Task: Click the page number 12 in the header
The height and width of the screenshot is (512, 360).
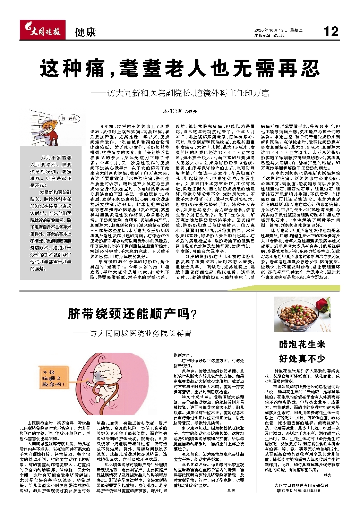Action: coord(331,32)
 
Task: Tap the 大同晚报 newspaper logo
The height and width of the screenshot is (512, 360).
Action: coord(41,32)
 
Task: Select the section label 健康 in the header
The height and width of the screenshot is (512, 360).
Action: coord(85,32)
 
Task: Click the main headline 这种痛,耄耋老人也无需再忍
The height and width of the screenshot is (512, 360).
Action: coord(180,68)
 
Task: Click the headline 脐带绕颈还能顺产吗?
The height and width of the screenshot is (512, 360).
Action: coord(132,314)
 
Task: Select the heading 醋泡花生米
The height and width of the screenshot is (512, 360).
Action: coord(302,344)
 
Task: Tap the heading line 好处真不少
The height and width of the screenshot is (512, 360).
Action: coord(302,358)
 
